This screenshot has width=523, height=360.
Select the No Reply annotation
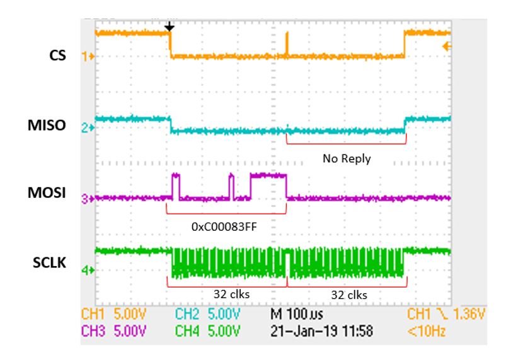click(x=346, y=160)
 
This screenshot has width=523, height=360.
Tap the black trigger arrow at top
click(x=169, y=27)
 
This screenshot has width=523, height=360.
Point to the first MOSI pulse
click(x=176, y=185)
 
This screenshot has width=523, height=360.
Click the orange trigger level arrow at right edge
click(x=448, y=46)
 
